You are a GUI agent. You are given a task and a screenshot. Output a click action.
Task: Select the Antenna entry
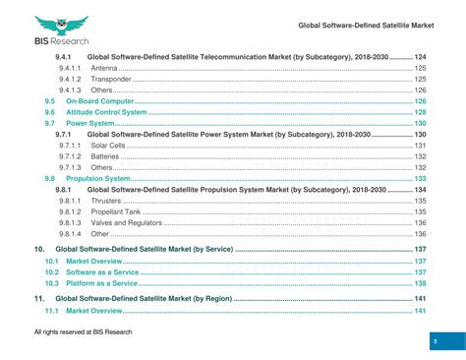click(x=103, y=68)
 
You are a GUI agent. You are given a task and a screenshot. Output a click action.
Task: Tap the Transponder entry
click(x=111, y=79)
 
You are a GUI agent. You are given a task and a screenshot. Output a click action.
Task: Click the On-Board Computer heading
click(x=98, y=101)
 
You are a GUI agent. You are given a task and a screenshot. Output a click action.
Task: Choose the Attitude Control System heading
click(x=105, y=112)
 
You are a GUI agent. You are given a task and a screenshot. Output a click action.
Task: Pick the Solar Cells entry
click(x=108, y=146)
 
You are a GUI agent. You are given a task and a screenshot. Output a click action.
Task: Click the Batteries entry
click(x=105, y=156)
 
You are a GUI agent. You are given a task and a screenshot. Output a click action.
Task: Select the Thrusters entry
click(x=106, y=201)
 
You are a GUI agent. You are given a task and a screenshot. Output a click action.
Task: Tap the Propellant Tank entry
click(x=116, y=211)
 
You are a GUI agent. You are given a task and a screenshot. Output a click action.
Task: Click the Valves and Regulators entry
click(x=126, y=222)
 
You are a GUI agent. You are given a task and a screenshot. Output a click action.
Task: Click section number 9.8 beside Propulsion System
click(x=49, y=179)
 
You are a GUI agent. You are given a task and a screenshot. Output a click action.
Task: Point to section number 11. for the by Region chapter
click(x=39, y=297)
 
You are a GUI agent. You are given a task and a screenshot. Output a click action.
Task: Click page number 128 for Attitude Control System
click(x=420, y=112)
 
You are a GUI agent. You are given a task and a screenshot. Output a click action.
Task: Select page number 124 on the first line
click(x=420, y=57)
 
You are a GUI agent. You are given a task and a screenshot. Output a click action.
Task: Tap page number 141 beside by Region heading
click(x=420, y=297)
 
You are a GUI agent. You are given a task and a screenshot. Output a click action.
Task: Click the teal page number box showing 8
click(x=435, y=340)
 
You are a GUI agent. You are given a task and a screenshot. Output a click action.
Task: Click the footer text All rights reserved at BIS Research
click(x=83, y=332)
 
